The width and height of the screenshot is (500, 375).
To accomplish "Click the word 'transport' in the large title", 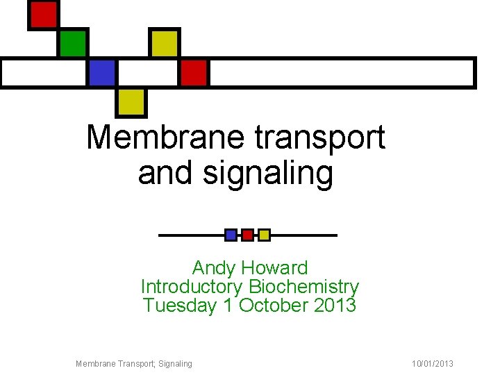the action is tap(320, 137).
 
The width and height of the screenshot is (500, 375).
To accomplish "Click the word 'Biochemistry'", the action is tap(303, 286).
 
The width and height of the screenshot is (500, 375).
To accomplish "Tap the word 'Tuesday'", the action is tap(179, 305).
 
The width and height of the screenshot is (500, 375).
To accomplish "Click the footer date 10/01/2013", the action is tap(432, 363).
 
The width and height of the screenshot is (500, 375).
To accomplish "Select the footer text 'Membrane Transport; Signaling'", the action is tap(134, 363).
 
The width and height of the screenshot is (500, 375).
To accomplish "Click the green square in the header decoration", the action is tap(72, 43).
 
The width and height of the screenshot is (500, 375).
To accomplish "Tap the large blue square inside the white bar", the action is tap(101, 72).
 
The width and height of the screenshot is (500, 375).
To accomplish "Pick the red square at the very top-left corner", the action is tap(43, 14).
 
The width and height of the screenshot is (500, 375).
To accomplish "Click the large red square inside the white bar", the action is tap(194, 72).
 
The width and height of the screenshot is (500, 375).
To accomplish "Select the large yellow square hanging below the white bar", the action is tap(131, 102).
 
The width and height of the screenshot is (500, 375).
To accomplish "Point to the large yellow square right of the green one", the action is tap(165, 43).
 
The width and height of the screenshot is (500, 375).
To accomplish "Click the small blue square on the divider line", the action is tap(231, 235).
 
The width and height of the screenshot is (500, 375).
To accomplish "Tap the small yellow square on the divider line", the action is tap(264, 235).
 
